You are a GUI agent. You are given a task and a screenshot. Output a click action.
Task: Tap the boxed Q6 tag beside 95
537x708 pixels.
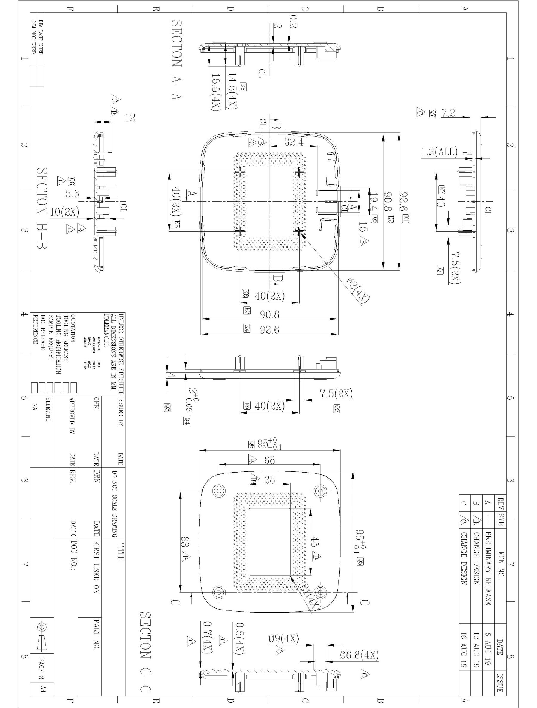251,444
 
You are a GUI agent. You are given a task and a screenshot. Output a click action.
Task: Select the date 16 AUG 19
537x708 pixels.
463,640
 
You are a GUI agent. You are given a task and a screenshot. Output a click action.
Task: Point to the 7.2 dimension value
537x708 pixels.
448,113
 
